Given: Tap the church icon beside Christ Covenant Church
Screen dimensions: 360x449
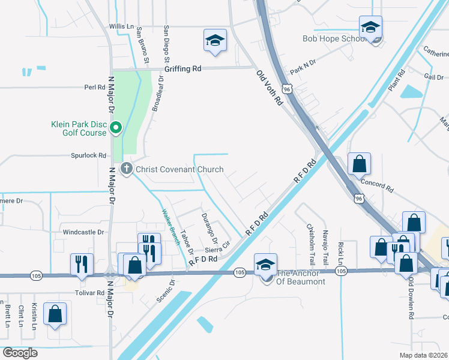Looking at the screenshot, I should point(126,169).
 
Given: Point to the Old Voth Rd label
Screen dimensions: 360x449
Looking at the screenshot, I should point(270,88).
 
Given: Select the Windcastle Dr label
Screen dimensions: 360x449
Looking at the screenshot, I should point(79,232).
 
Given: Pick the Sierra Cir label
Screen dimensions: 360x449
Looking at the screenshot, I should point(217,247).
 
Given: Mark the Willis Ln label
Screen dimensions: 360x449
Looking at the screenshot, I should point(121,27).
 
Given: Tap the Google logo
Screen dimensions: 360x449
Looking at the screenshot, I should point(19,352).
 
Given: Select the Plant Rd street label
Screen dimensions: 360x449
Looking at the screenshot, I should point(396,80).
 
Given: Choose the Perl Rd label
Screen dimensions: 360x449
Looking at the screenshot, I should point(95,87).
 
